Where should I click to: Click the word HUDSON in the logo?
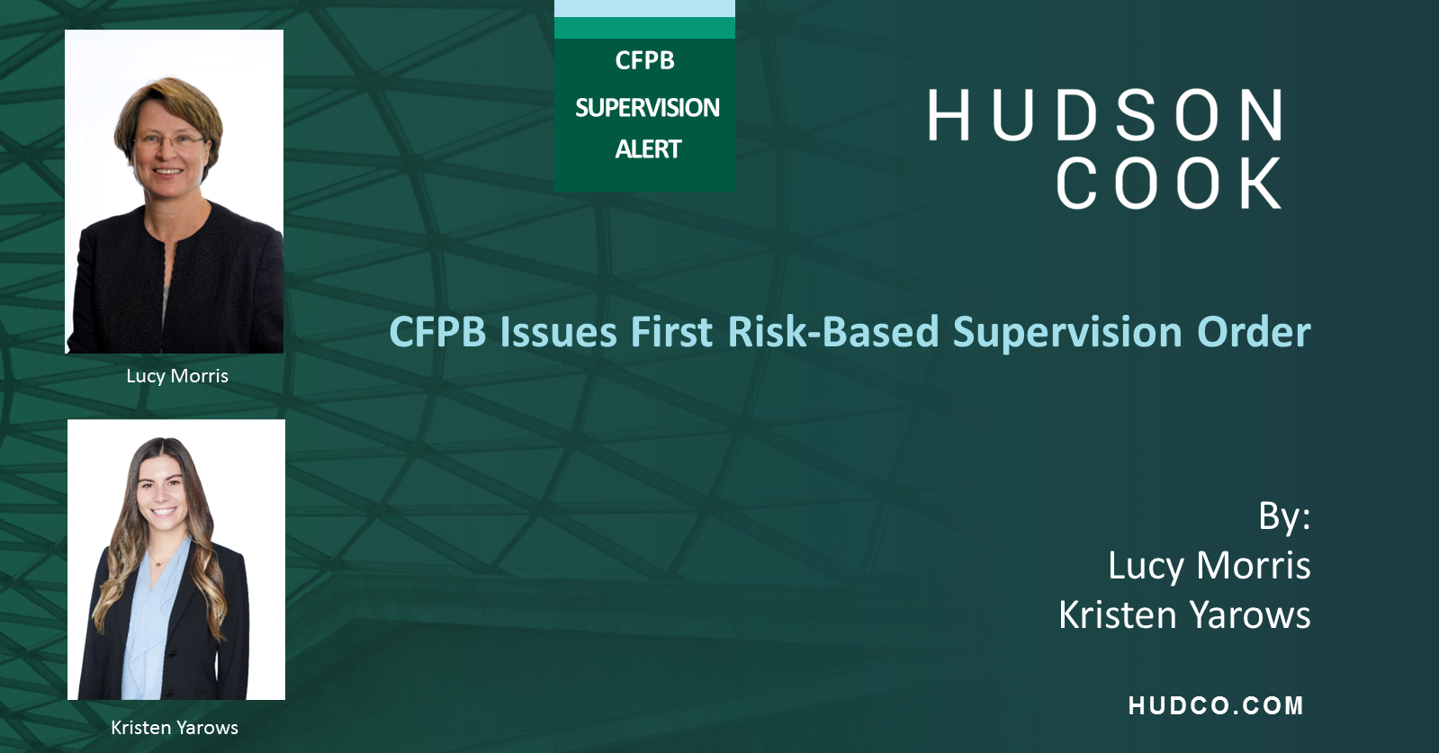[1106, 115]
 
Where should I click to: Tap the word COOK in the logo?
[1169, 184]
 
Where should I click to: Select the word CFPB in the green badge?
[644, 61]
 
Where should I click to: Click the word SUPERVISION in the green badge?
[647, 108]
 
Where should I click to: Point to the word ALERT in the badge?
[648, 149]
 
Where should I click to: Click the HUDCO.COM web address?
[1216, 706]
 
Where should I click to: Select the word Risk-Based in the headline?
[832, 332]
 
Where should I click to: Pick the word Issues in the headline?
[558, 332]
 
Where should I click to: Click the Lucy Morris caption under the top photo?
[177, 376]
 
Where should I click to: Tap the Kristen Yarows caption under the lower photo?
[175, 728]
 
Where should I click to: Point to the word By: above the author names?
[1284, 516]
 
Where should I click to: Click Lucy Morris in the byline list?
[1209, 566]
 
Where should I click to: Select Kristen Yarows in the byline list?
[1184, 615]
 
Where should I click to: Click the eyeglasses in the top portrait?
[169, 140]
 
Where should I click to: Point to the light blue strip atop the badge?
[644, 8]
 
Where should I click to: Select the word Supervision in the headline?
[1067, 332]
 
